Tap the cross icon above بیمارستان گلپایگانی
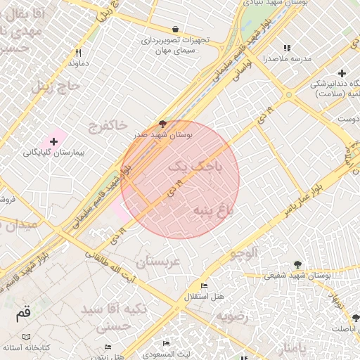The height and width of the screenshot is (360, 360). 53,142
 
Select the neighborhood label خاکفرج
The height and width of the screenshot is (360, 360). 108,126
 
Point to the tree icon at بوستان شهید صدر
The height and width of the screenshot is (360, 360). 163,124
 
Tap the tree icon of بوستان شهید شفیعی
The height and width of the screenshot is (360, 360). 297,264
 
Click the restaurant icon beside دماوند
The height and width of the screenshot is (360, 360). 79,53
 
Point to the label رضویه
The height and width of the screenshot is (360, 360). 232,316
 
